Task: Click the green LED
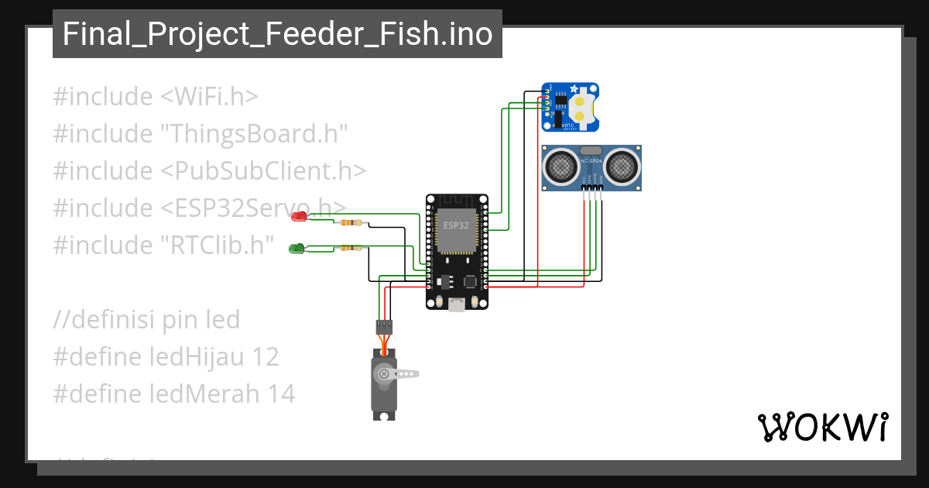295,249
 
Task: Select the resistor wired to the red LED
350,223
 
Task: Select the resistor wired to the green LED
350,249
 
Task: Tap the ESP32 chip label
455,225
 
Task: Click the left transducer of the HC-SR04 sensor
560,165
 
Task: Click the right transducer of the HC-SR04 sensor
622,165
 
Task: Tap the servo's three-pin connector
384,326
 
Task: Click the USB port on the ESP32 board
457,304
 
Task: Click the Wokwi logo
822,427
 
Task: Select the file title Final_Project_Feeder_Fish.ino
277,35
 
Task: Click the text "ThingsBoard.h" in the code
254,134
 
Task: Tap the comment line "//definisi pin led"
146,319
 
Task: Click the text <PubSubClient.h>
263,170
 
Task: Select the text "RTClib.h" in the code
218,246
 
